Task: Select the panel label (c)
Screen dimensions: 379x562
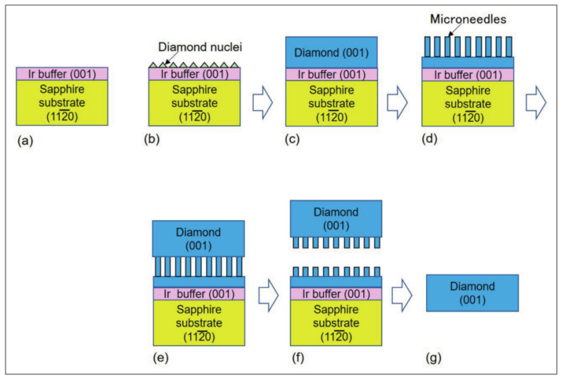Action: pyautogui.click(x=293, y=142)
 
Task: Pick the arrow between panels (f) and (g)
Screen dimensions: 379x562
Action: pyautogui.click(x=404, y=293)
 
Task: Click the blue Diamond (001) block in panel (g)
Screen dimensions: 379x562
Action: pyautogui.click(x=472, y=293)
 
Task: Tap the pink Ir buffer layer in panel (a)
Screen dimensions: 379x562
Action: pyautogui.click(x=62, y=74)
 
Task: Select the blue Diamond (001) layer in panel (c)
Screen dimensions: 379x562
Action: pyautogui.click(x=332, y=52)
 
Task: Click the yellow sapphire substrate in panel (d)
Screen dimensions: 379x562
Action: pyautogui.click(x=468, y=103)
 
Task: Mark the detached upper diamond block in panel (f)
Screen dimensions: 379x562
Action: pyautogui.click(x=336, y=218)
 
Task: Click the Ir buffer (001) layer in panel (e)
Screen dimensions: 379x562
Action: pyautogui.click(x=199, y=294)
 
